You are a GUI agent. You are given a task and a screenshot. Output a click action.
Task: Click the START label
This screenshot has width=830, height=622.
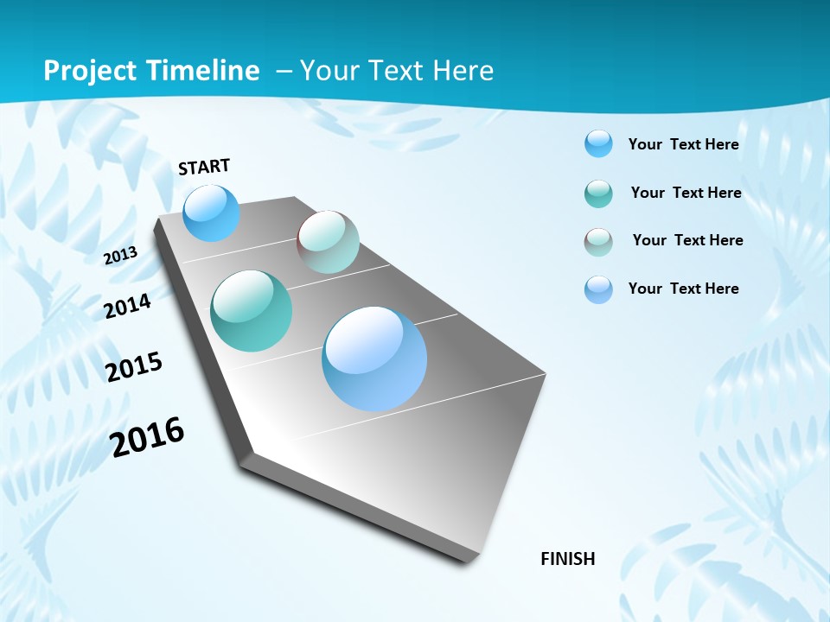(204, 167)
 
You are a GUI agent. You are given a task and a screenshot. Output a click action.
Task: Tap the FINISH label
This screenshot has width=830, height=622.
(568, 559)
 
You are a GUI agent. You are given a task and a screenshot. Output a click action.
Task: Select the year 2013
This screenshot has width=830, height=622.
(120, 255)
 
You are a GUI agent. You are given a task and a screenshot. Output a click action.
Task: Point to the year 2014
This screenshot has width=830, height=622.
(127, 306)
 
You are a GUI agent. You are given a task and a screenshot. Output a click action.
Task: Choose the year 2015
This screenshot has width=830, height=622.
(133, 367)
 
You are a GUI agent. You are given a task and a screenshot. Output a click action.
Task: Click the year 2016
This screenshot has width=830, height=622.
(147, 436)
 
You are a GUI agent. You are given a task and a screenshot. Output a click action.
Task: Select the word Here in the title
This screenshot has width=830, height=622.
(463, 71)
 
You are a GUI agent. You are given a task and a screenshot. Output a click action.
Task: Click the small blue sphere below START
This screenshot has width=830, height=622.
(211, 213)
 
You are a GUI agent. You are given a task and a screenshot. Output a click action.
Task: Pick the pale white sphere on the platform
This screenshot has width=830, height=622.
(328, 242)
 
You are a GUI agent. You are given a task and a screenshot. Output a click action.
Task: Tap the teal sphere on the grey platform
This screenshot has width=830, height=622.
(251, 311)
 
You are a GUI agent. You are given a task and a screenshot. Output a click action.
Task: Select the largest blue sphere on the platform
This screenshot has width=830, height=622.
(374, 359)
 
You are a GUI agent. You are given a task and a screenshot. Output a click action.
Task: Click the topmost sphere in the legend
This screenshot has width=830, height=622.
(598, 143)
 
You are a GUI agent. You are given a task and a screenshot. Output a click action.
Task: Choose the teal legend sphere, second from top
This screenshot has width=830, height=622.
(598, 194)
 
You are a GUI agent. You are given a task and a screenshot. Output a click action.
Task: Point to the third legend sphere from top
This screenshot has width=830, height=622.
(598, 242)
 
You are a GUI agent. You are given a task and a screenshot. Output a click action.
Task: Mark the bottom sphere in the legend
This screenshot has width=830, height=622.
(598, 289)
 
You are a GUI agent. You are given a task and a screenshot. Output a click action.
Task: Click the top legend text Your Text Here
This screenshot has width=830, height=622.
(683, 144)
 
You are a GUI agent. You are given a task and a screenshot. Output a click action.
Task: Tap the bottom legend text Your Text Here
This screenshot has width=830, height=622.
(683, 289)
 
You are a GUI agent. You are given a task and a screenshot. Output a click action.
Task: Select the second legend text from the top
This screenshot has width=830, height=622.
(686, 193)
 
